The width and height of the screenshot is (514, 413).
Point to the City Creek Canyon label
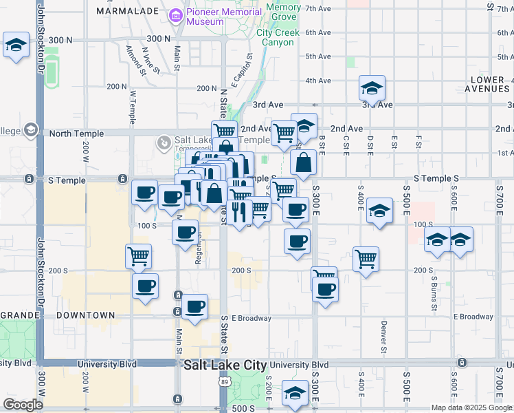275,37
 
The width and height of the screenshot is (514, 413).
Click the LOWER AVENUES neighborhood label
489,85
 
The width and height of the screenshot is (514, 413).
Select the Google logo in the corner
23,405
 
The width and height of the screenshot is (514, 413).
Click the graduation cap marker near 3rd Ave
372,89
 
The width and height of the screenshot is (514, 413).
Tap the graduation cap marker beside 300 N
16,45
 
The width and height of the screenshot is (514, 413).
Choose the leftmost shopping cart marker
139,257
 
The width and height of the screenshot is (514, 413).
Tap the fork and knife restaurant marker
239,213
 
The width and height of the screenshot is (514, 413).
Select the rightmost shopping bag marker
303,163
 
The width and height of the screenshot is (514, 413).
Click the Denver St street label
383,335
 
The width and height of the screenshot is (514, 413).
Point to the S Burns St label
434,289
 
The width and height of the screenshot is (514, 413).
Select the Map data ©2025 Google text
471,407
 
